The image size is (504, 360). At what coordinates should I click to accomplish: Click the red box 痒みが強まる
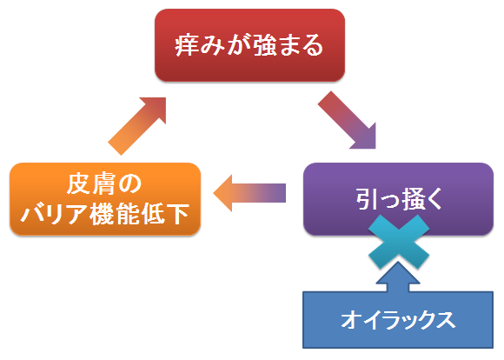249,45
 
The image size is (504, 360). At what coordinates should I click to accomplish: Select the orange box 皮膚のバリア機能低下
105,199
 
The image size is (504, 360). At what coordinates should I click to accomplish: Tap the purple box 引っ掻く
398,199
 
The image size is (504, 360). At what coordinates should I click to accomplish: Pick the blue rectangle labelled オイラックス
398,320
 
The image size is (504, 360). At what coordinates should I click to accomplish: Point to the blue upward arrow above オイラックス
398,277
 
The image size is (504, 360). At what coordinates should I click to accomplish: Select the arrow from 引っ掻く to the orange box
249,193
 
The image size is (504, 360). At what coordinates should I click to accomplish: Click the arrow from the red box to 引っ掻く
347,120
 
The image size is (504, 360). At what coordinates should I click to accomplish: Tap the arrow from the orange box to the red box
137,126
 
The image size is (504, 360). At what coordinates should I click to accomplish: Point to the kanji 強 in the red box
265,46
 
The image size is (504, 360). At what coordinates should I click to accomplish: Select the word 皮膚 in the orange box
90,183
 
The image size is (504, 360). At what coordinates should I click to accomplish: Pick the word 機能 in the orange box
115,214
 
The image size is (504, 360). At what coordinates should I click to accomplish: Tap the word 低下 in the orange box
165,214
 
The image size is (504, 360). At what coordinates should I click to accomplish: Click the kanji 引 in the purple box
367,199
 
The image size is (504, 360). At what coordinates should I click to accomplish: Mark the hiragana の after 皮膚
130,184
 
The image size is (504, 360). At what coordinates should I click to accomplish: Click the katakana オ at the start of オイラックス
352,320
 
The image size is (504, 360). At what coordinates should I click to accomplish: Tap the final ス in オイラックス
445,320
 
